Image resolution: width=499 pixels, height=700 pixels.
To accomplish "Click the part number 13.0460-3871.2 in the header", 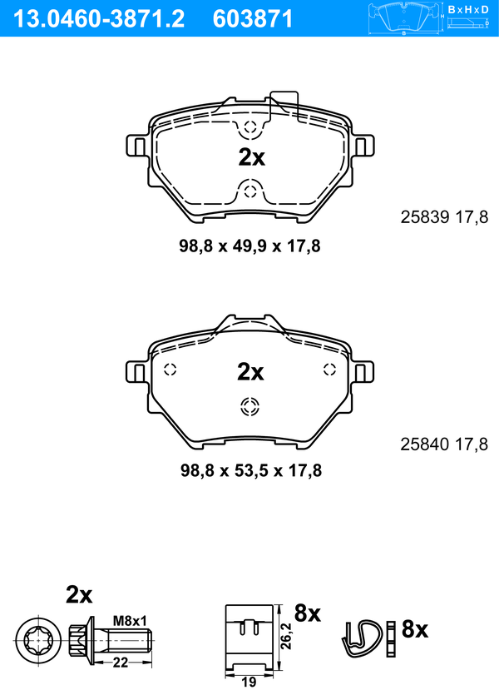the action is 100,19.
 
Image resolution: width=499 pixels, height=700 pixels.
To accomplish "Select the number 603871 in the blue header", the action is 253,19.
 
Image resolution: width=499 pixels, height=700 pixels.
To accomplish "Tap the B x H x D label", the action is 467,9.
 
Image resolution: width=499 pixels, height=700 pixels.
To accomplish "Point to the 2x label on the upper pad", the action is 251,157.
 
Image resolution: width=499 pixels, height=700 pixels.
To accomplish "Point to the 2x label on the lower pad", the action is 250,372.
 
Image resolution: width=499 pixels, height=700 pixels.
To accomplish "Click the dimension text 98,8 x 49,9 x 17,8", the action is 249,246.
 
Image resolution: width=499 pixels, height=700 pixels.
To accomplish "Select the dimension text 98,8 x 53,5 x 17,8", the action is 250,470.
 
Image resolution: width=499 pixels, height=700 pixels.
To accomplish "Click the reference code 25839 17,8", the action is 444,217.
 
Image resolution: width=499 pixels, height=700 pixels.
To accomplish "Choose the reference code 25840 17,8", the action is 444,444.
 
